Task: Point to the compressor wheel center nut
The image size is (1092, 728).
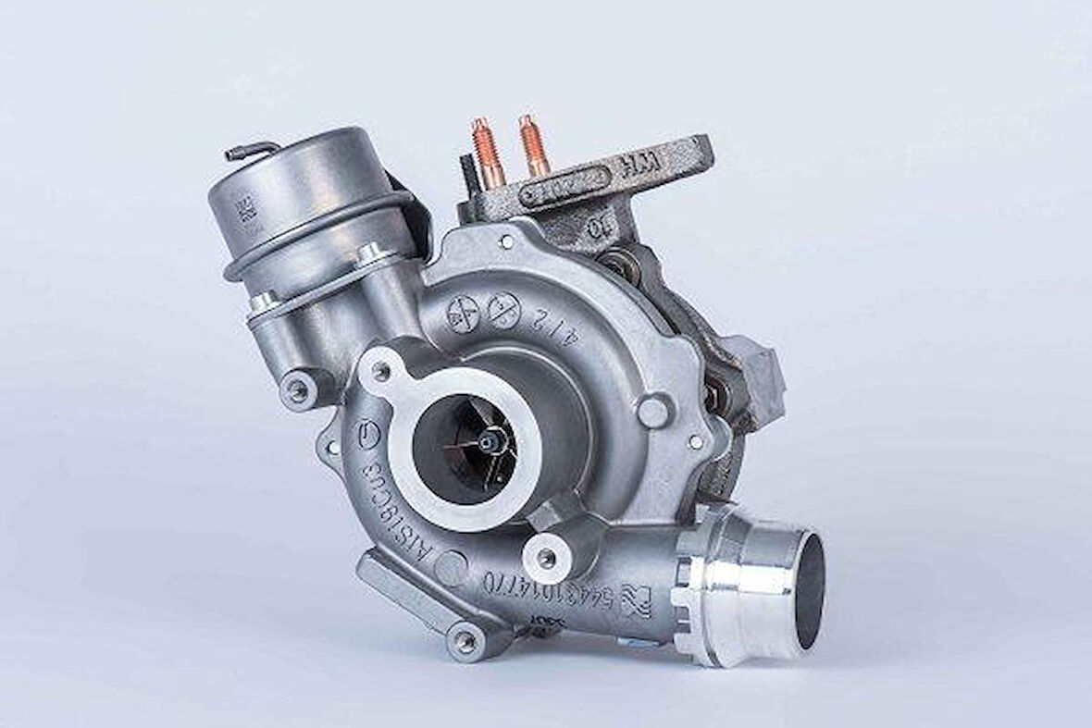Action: [x=489, y=445]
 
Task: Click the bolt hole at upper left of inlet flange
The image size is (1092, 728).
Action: [x=380, y=371]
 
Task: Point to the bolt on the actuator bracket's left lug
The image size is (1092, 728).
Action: [x=298, y=390]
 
